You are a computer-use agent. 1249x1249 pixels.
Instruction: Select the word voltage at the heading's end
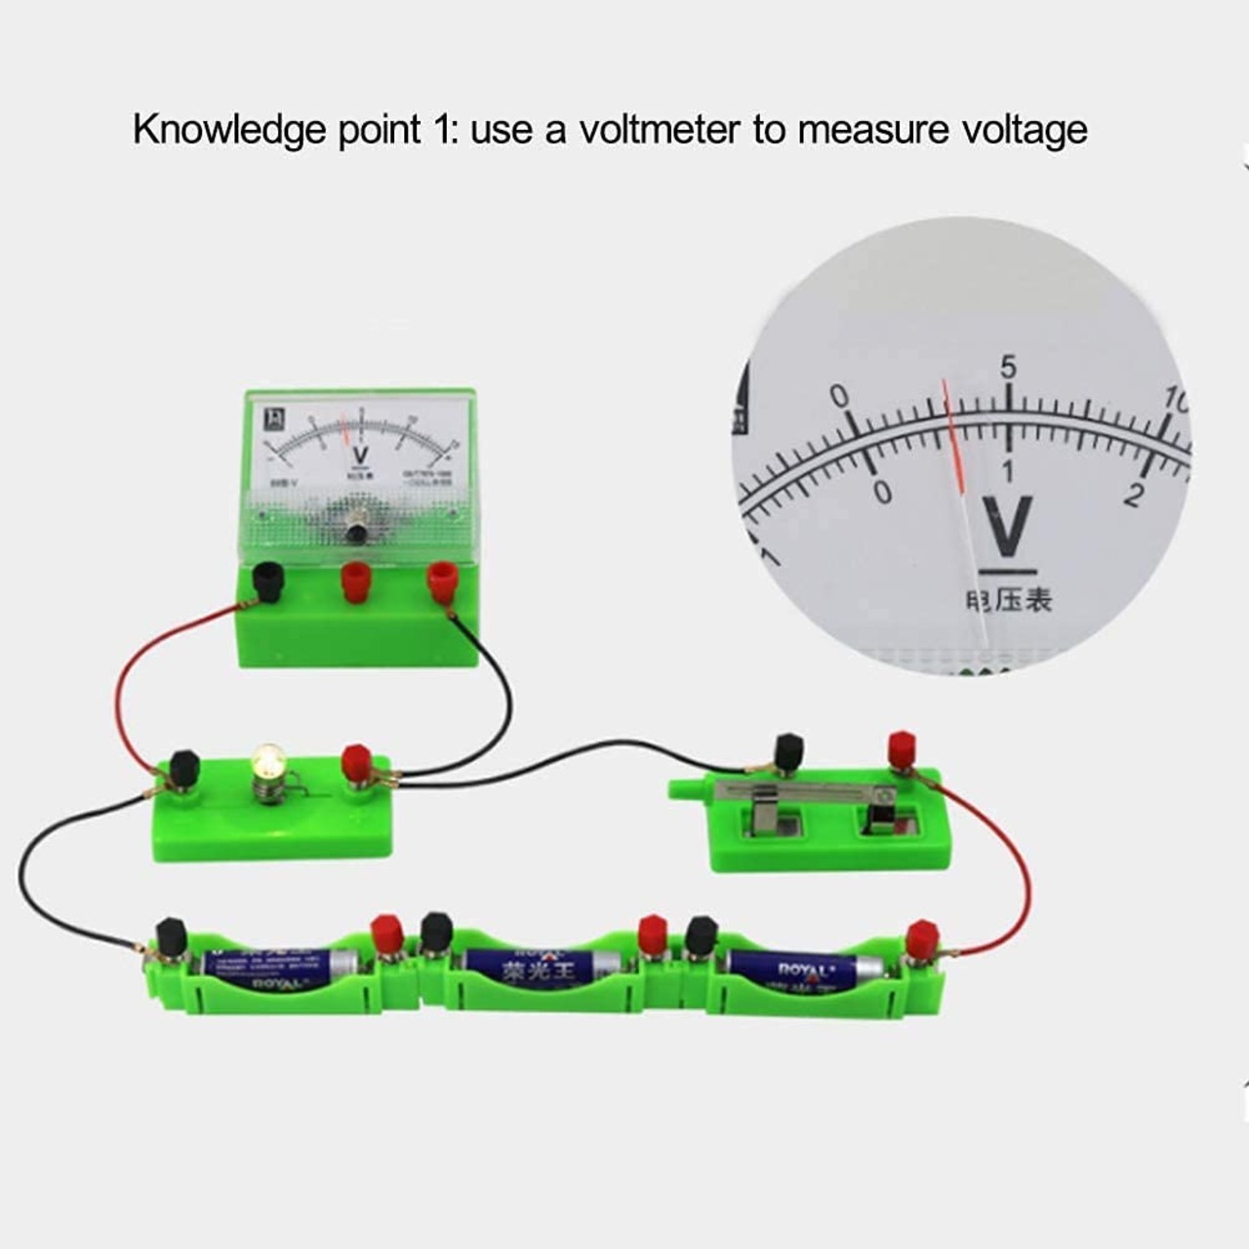pyautogui.click(x=1019, y=131)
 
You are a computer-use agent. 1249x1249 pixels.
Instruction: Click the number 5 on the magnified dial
pyautogui.click(x=1007, y=368)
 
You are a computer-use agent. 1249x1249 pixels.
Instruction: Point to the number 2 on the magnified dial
pyautogui.click(x=1132, y=495)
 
